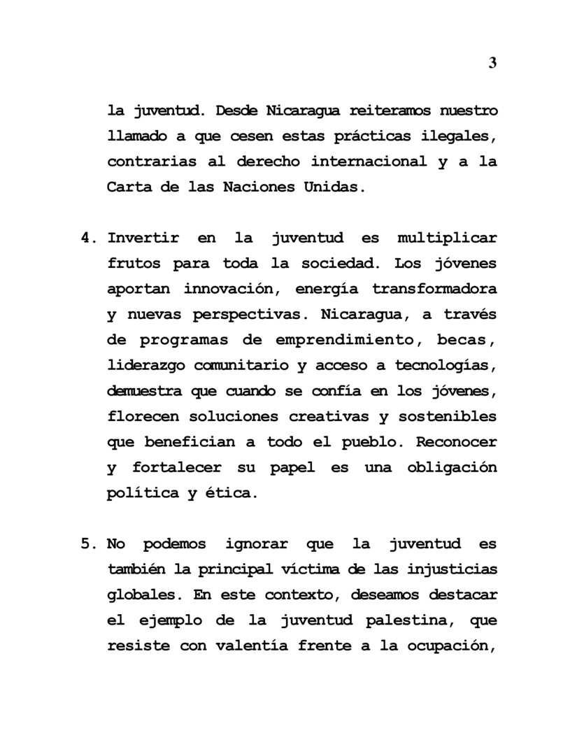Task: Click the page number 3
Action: click(x=492, y=63)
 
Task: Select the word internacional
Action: click(x=369, y=162)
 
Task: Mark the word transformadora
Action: click(x=434, y=289)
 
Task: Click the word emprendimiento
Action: click(x=341, y=340)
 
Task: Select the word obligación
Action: click(x=452, y=467)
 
